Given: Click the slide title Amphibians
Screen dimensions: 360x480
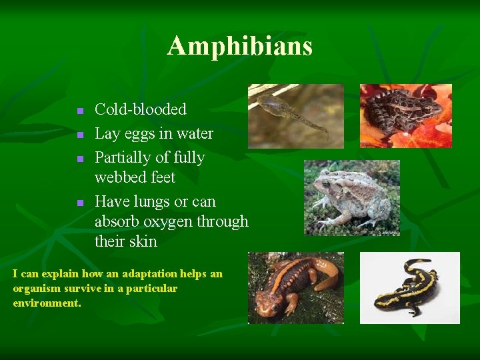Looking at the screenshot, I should (240, 46).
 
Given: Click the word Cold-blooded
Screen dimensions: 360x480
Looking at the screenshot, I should (141, 109).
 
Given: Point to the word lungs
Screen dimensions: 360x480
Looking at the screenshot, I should (147, 201).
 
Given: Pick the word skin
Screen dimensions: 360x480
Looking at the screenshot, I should (143, 241).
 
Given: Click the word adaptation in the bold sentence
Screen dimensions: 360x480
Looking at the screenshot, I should (134, 274).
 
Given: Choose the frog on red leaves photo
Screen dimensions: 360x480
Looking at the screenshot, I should (405, 115).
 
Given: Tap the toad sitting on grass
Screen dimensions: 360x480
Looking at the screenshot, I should (351, 197).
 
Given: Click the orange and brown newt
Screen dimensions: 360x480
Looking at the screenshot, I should (295, 288).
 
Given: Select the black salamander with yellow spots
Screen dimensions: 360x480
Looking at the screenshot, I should (409, 288).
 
